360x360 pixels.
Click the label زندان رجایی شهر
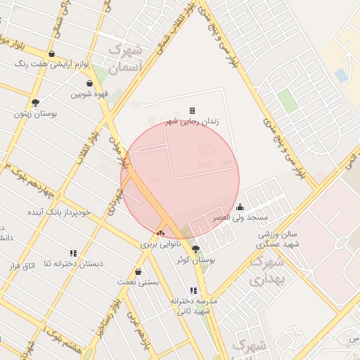tap(192, 122)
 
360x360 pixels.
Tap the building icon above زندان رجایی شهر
tap(192, 110)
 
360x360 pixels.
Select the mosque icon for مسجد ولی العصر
tap(240, 207)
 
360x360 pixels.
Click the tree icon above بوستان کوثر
tap(195, 248)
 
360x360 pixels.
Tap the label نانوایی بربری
tap(161, 245)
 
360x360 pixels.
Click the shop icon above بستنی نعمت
tap(138, 271)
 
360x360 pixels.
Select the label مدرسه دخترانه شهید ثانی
tap(194, 305)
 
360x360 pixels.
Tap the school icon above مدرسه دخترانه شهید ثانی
tap(193, 290)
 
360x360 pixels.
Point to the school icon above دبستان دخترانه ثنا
tap(73, 253)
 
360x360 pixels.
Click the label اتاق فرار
tap(21, 265)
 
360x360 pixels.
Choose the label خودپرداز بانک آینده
tap(59, 212)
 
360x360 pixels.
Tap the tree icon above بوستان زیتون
tap(36, 103)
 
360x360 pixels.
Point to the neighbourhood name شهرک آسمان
tap(127, 58)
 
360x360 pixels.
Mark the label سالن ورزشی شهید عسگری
tap(278, 238)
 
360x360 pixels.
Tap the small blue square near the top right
tap(341, 75)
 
